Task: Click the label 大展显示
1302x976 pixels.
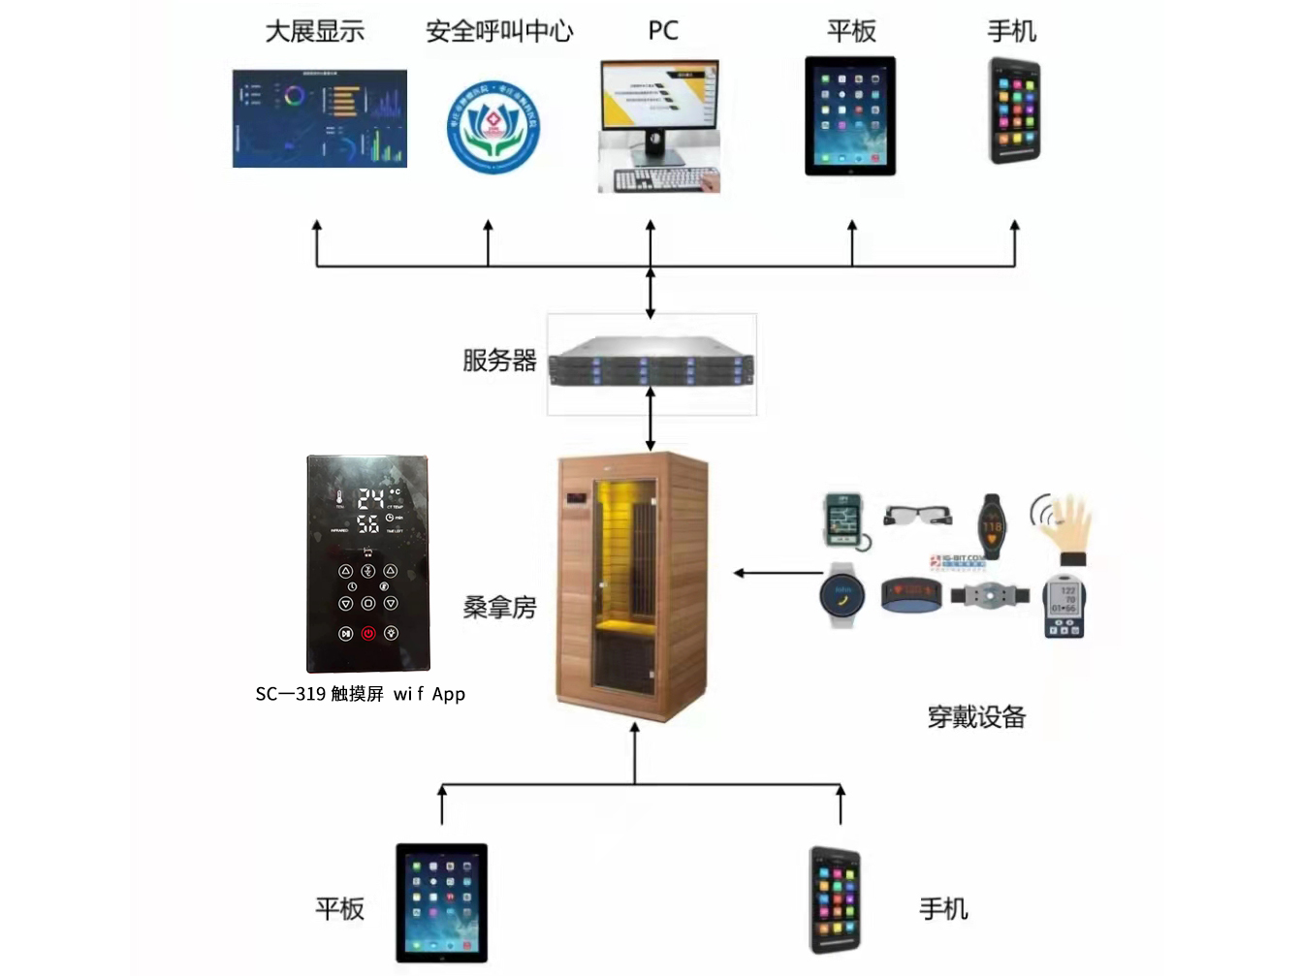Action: pos(315,32)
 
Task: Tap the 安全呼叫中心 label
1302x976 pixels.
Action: pos(499,32)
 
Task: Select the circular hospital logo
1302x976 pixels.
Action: pos(493,127)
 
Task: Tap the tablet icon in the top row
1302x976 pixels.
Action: pos(850,116)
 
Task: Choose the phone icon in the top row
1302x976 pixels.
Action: pos(1014,110)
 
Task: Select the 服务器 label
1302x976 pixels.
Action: pos(499,361)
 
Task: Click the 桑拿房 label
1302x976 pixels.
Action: pos(499,608)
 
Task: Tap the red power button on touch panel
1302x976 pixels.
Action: pos(368,633)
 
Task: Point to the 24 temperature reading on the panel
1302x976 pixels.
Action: pos(370,499)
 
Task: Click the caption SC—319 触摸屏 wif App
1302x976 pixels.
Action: pos(360,694)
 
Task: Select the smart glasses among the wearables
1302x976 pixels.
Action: pos(917,514)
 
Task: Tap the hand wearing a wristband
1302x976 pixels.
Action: pos(1067,528)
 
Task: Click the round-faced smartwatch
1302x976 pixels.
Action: pos(841,594)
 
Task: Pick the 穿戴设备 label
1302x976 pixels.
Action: pos(976,717)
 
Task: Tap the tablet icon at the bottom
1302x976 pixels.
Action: pos(441,902)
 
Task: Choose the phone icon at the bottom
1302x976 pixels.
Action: pos(835,900)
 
